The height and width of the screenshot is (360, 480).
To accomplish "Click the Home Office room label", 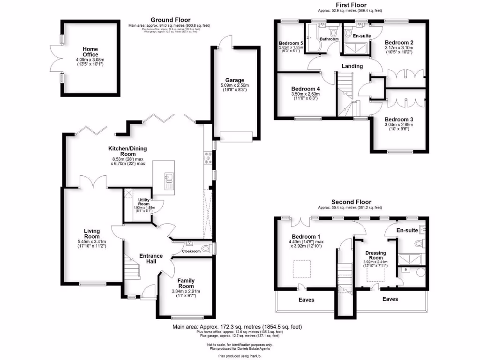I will tap(90, 52).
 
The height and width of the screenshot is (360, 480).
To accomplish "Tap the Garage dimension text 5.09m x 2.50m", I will tap(234, 85).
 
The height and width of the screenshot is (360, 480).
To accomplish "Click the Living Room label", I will tap(92, 233).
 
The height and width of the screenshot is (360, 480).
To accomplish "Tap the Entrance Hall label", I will tap(151, 259).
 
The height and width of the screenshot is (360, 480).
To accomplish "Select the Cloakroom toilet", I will tap(204, 248).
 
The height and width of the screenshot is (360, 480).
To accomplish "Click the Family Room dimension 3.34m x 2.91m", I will tap(186, 291).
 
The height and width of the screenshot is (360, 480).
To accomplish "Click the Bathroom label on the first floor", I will tap(329, 39).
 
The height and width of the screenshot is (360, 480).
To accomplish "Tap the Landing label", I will tap(352, 66).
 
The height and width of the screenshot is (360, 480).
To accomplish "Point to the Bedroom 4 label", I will tap(305, 89).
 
